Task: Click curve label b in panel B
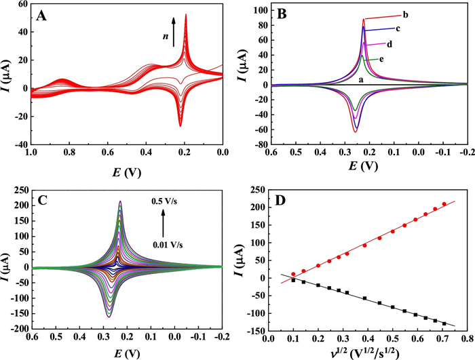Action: coord(423,14)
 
